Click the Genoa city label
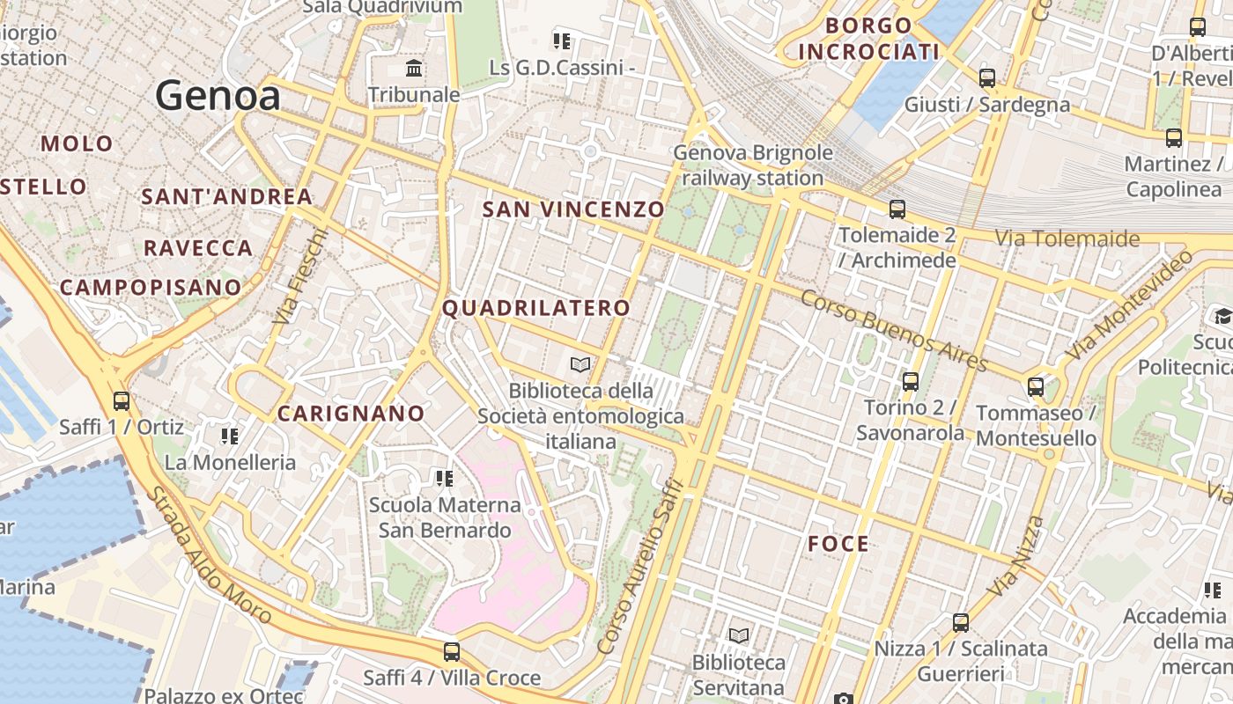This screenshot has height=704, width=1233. pyautogui.click(x=218, y=95)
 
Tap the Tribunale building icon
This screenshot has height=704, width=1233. pyautogui.click(x=414, y=68)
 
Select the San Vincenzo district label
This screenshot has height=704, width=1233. pyautogui.click(x=573, y=209)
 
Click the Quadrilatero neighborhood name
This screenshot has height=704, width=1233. pyautogui.click(x=536, y=308)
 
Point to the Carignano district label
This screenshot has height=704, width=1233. pyautogui.click(x=351, y=414)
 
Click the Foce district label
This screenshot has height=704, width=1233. pyautogui.click(x=838, y=544)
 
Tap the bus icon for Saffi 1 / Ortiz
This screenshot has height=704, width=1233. pyautogui.click(x=122, y=401)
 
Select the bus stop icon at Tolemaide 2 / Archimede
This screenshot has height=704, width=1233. pyautogui.click(x=897, y=209)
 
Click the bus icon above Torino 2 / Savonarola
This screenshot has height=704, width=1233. pyautogui.click(x=911, y=382)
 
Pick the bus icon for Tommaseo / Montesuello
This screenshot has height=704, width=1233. pyautogui.click(x=1036, y=386)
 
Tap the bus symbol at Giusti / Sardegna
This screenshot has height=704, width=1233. pyautogui.click(x=987, y=77)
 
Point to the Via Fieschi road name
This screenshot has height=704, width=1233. pyautogui.click(x=299, y=277)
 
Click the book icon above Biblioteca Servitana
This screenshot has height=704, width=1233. pyautogui.click(x=739, y=635)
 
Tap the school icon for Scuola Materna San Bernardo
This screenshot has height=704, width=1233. pyautogui.click(x=445, y=479)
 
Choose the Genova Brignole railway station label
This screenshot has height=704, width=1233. pyautogui.click(x=752, y=165)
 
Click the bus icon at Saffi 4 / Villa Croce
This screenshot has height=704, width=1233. pyautogui.click(x=452, y=652)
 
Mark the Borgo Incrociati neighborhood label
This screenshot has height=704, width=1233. pyautogui.click(x=868, y=39)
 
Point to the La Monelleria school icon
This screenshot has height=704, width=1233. pyautogui.click(x=230, y=436)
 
